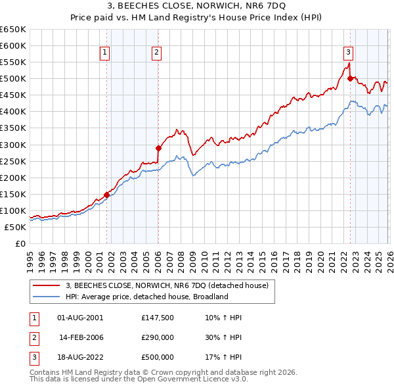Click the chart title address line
pos(197,6)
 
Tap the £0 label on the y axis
pos(20,243)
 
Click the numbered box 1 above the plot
pos(105,54)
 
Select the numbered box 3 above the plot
pos(349,54)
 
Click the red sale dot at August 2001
pos(106,195)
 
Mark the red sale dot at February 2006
pos(158,148)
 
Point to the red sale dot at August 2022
pos(350,79)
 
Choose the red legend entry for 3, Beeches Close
pos(167,285)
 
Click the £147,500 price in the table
pos(158,318)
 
